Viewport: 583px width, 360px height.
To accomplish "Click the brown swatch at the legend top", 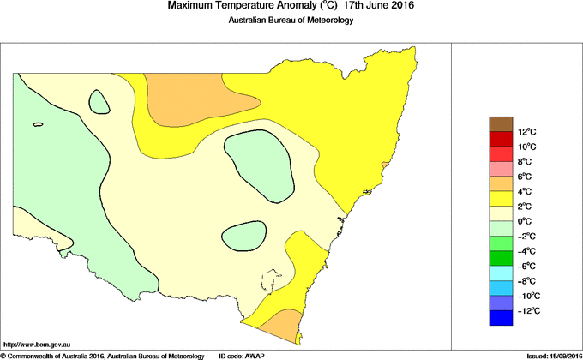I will point(501,124).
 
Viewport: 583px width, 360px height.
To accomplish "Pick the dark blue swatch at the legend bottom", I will point(501,319).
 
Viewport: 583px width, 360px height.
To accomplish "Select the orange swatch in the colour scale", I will point(501,184).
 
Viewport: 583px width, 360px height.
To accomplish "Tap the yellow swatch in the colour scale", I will point(501,199).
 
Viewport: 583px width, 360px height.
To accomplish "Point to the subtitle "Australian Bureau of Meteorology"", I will point(291,21).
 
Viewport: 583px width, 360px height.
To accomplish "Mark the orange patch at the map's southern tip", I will point(279,326).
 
